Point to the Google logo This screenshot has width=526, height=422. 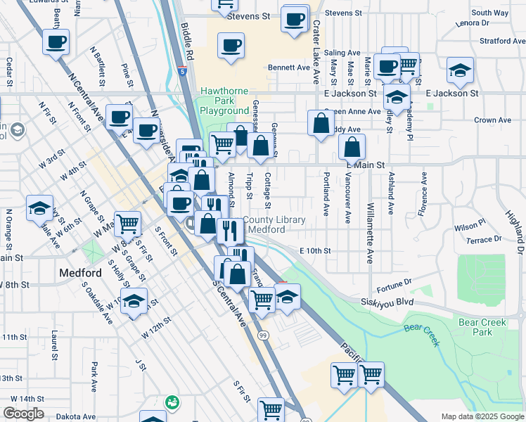click(23, 414)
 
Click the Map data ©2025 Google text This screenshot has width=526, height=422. click(482, 416)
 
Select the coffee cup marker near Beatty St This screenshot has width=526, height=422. click(56, 41)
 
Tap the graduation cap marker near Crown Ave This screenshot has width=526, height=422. click(460, 70)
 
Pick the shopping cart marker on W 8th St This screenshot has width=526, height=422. click(128, 224)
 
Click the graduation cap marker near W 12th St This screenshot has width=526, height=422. click(134, 301)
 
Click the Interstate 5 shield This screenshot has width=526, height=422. click(182, 71)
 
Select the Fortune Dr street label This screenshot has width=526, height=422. click(393, 283)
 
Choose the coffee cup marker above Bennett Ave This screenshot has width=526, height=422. click(231, 46)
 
